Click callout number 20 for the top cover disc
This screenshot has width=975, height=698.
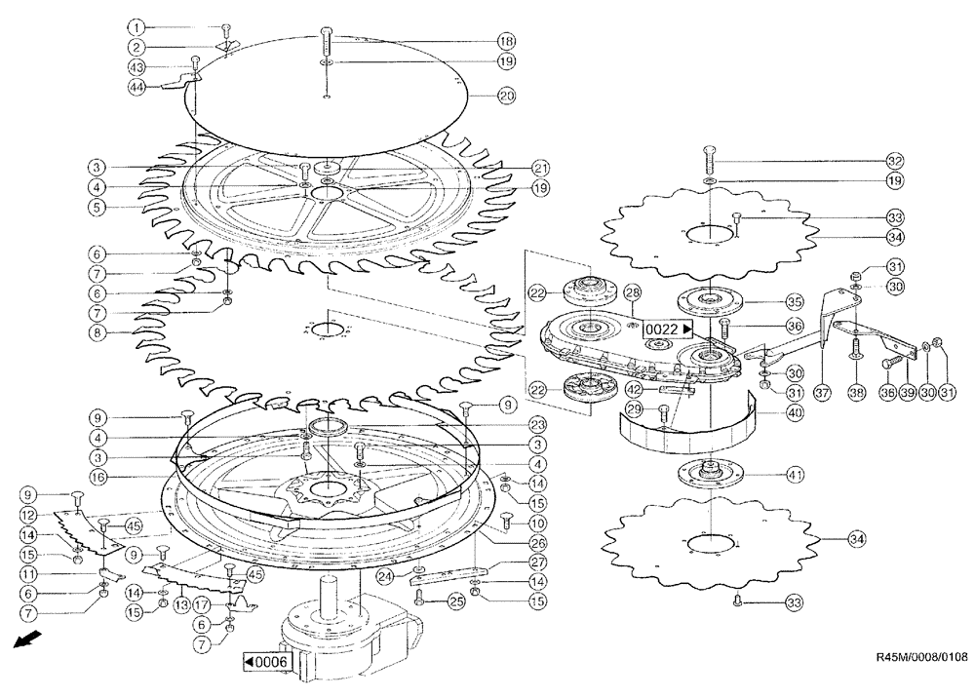point(506,96)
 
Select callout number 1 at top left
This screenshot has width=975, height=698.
point(138,26)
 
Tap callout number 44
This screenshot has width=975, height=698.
point(138,86)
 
